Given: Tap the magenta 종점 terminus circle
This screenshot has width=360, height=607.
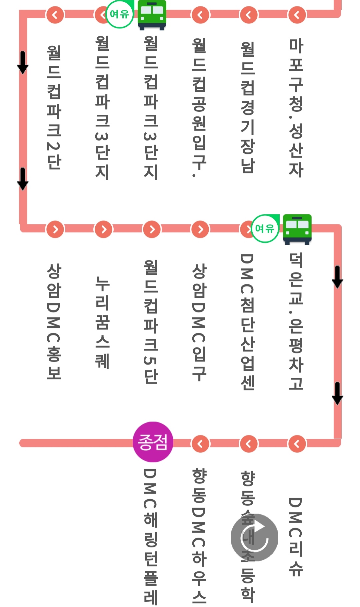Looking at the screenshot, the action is [153, 442].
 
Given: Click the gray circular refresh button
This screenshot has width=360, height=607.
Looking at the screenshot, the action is [254, 537].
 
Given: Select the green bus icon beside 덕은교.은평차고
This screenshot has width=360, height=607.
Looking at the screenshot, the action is [297, 229].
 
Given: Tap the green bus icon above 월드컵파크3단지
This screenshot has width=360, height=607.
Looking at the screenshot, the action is [152, 14].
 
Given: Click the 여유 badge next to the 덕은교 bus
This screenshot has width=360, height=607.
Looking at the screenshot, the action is [265, 228].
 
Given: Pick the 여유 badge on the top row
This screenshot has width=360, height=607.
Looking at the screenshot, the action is [119, 14].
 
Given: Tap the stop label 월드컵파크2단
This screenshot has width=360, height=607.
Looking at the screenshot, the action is [54, 107].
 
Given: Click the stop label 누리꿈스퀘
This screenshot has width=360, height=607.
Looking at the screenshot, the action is [102, 322].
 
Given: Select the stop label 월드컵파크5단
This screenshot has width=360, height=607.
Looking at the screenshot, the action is [151, 322].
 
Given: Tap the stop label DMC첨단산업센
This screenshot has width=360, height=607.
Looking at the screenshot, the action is [248, 322].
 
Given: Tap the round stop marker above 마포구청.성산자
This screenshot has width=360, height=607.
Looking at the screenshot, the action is [297, 15].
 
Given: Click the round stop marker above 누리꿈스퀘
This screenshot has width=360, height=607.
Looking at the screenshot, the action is [104, 229].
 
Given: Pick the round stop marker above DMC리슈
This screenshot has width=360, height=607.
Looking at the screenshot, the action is [297, 444].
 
